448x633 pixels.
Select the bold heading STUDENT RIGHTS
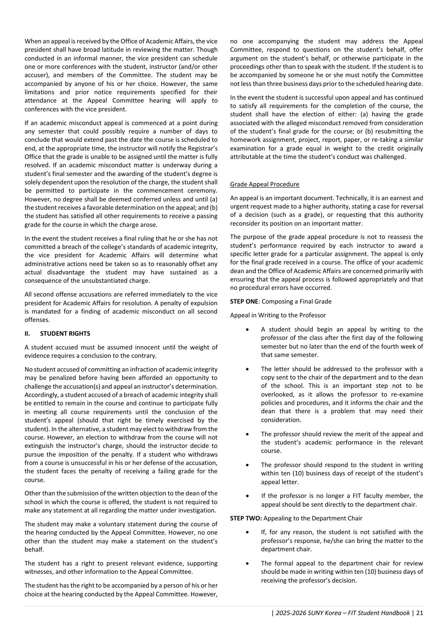[x=65, y=334]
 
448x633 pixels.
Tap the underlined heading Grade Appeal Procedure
[x=264, y=184]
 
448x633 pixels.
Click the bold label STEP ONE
[x=244, y=301]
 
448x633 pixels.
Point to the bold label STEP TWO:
[x=246, y=518]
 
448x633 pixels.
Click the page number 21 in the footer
[x=419, y=613]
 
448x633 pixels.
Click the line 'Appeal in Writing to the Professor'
[x=278, y=315]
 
